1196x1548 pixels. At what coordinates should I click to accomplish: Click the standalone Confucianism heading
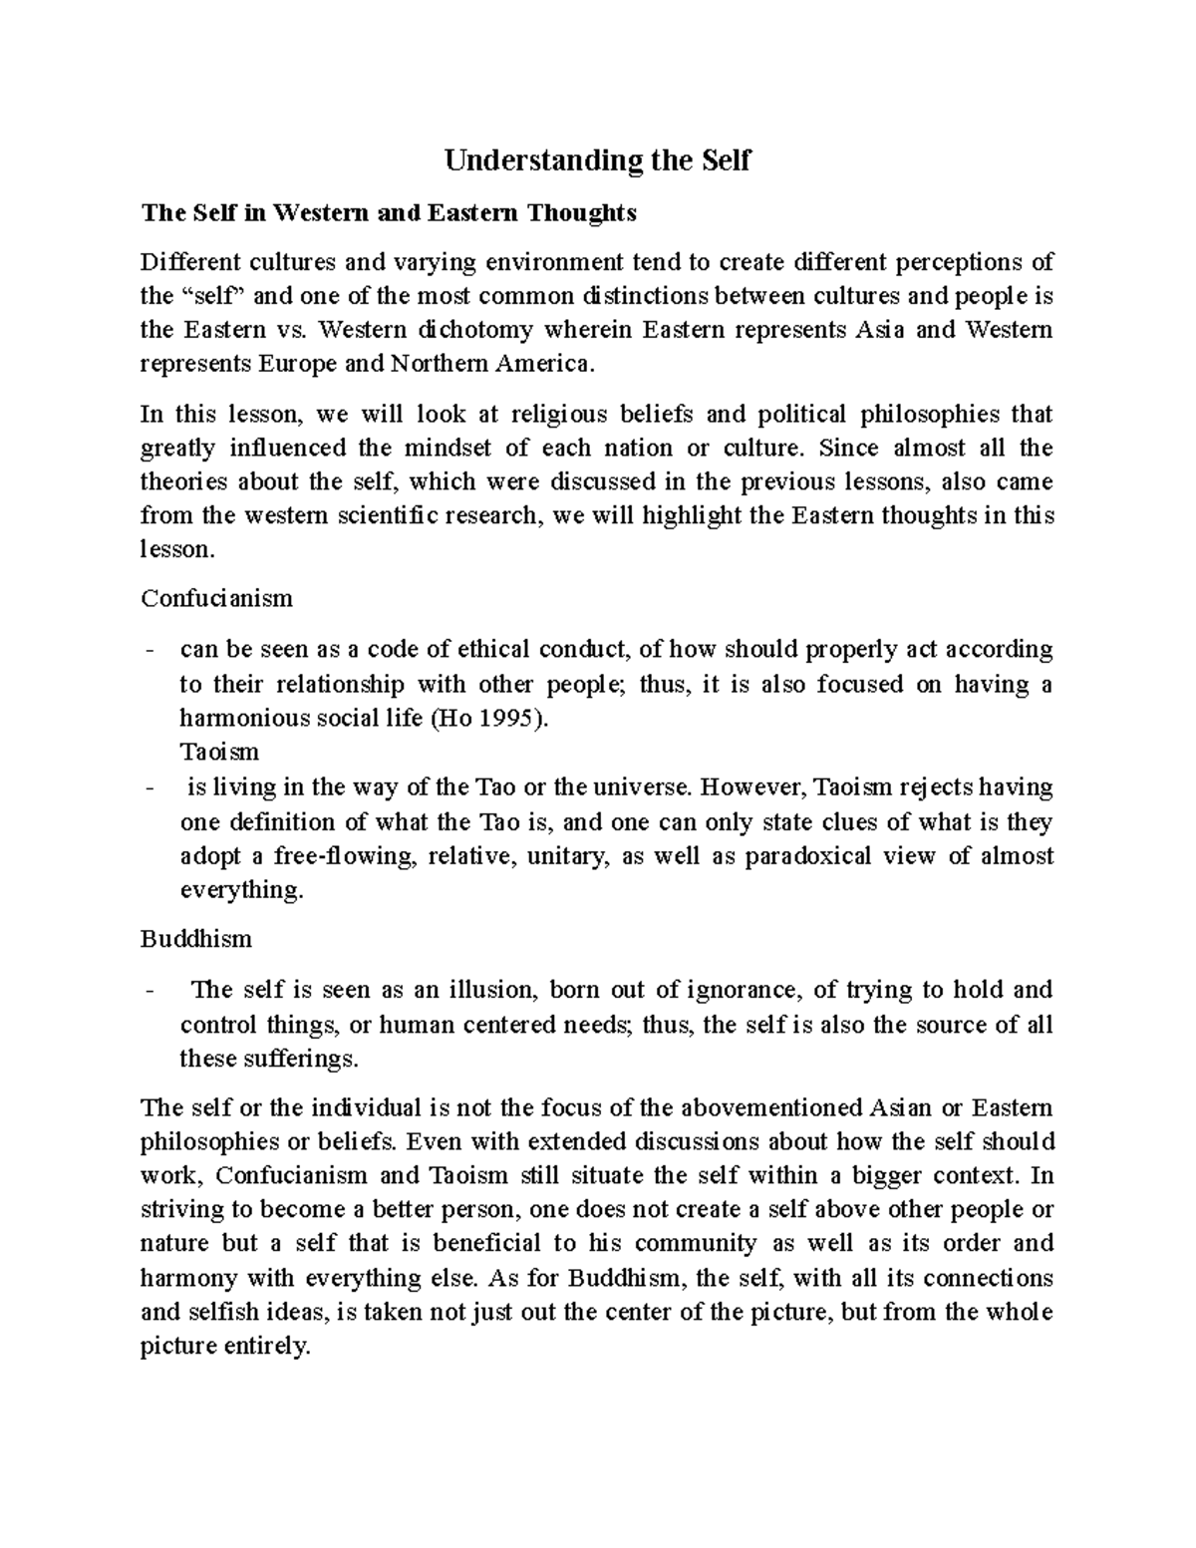[216, 598]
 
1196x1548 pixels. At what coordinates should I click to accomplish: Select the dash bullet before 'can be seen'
[149, 651]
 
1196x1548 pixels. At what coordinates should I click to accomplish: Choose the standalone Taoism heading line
[219, 752]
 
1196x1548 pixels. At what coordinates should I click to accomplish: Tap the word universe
[642, 787]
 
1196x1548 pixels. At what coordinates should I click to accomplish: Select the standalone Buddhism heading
[195, 939]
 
